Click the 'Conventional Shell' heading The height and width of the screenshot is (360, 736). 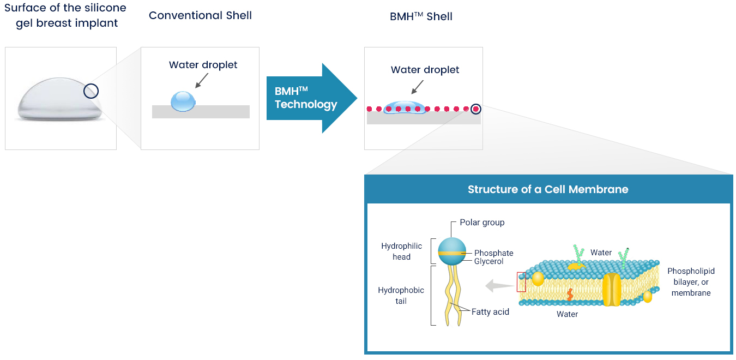(x=200, y=15)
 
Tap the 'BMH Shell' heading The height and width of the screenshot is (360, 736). (x=421, y=16)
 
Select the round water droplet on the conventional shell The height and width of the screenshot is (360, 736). (x=183, y=101)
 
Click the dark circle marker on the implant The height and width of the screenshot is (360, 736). (x=91, y=91)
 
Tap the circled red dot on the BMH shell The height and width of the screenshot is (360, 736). (x=476, y=109)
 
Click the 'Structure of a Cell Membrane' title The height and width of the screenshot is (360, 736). (x=548, y=189)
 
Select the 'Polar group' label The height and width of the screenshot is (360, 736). (x=482, y=223)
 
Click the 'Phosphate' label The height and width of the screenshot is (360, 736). (x=493, y=253)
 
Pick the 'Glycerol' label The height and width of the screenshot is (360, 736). (x=488, y=262)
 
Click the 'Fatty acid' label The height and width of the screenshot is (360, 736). (x=490, y=312)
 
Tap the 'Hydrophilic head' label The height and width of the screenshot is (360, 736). (x=401, y=251)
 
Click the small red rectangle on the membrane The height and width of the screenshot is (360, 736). (x=521, y=282)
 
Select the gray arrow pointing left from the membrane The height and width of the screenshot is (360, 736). (x=497, y=285)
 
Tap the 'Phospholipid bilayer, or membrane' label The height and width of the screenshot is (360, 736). (x=691, y=282)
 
